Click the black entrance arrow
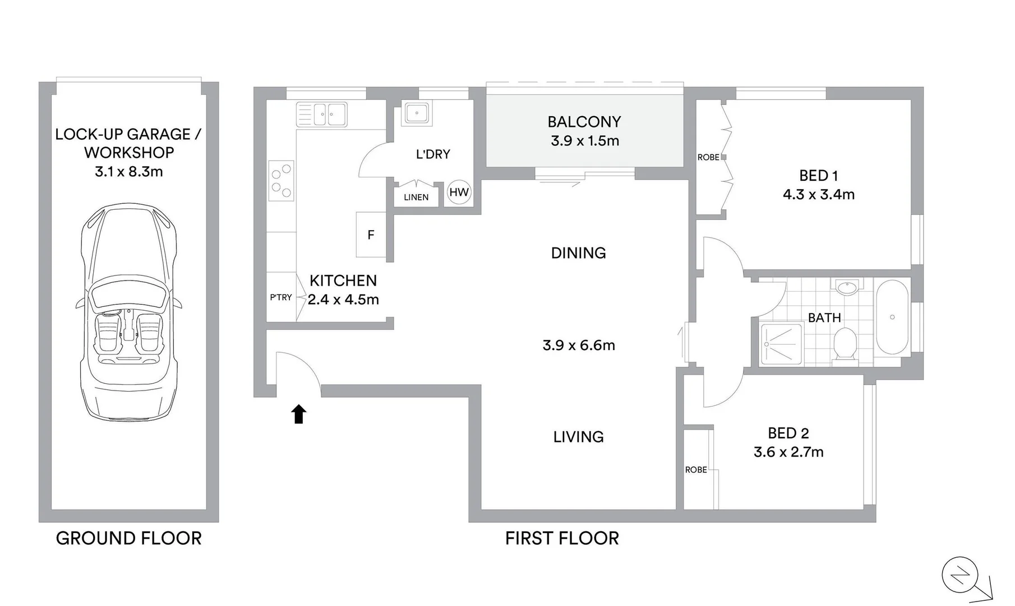299,414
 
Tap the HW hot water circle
459,192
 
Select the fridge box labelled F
371,235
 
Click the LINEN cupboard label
416,197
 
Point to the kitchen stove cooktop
281,181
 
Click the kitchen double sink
321,114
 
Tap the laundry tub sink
417,113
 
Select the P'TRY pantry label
280,297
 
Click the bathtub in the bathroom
892,317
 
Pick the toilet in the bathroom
845,343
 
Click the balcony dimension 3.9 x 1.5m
584,141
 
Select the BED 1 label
818,176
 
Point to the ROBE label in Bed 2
696,470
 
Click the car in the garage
129,311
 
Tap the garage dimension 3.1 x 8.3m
128,172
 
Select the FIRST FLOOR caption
562,538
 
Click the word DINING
578,253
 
